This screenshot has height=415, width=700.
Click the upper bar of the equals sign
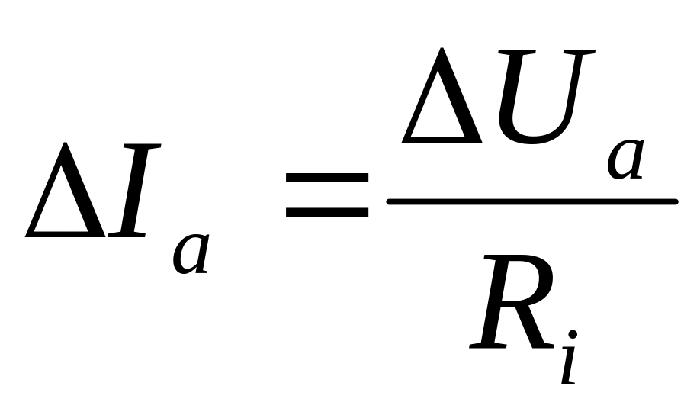pos(326,178)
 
